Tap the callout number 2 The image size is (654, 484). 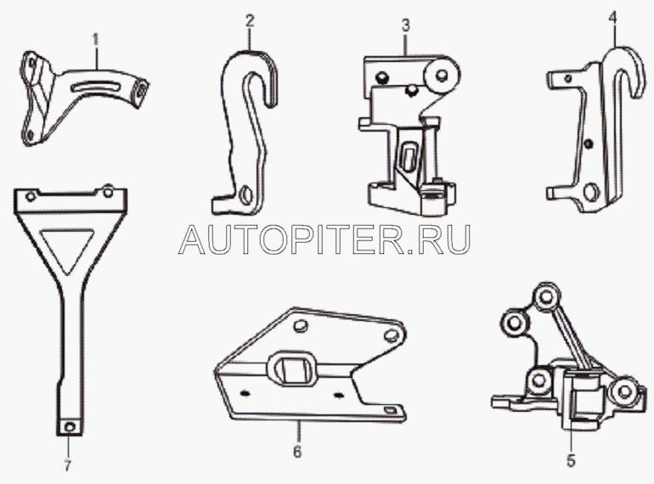click(249, 21)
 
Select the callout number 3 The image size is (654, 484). click(405, 25)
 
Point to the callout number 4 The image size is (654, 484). click(612, 17)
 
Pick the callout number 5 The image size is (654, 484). click(571, 460)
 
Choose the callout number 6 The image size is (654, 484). click(297, 452)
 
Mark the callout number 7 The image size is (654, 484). click(68, 465)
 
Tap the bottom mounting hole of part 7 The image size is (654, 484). click(70, 426)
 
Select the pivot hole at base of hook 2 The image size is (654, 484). click(246, 194)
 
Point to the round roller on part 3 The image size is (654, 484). click(442, 76)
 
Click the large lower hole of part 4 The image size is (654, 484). click(590, 191)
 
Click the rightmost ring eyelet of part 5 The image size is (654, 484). click(624, 391)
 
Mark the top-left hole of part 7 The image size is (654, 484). click(31, 195)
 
